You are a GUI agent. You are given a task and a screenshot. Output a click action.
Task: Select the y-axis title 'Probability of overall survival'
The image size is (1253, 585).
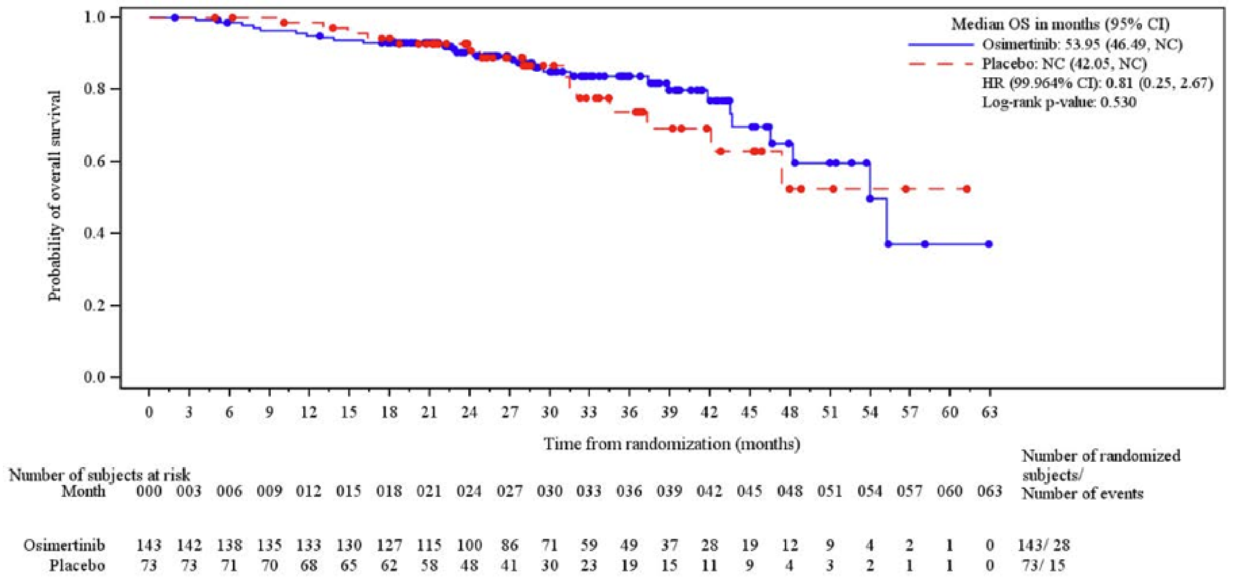(55, 196)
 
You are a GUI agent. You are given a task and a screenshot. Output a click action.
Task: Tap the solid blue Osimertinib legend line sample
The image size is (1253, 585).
(941, 44)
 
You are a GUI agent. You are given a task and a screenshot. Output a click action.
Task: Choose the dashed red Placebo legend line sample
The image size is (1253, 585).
(941, 64)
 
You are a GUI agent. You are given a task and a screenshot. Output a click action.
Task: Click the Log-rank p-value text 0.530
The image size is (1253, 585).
(1121, 102)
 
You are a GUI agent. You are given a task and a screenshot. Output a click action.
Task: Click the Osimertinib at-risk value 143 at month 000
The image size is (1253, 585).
(149, 545)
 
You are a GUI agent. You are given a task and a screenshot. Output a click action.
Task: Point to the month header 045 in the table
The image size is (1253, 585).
(749, 492)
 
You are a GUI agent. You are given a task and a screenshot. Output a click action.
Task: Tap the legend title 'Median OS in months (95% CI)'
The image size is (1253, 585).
(1060, 24)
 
